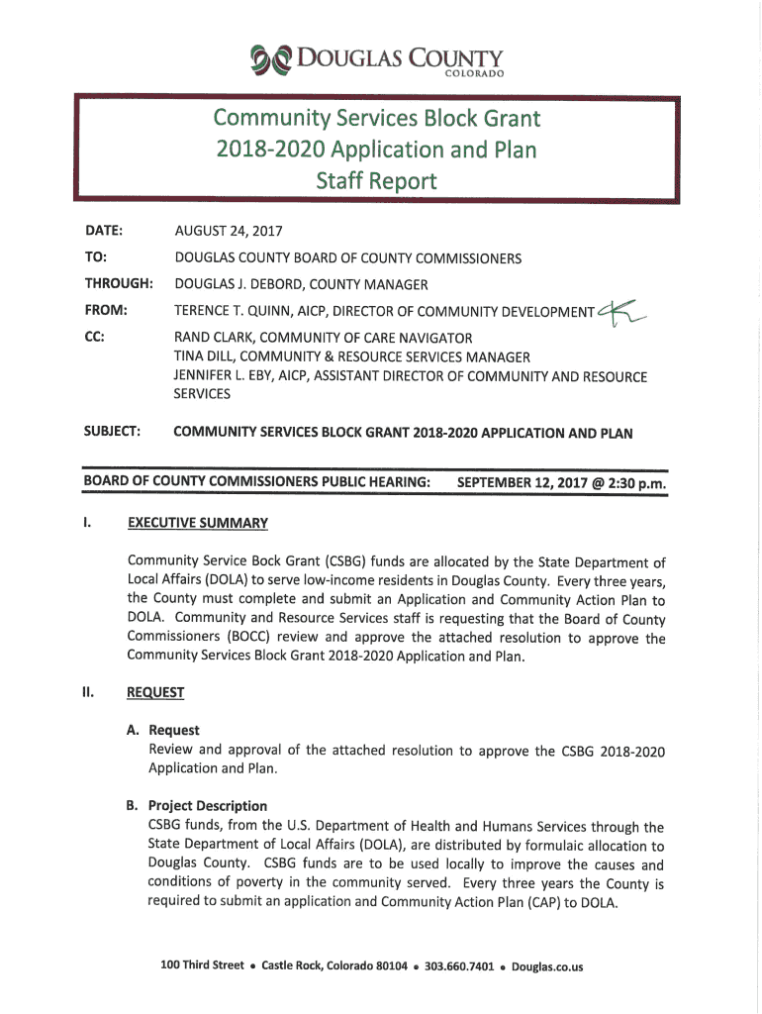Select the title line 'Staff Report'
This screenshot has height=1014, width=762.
(x=375, y=182)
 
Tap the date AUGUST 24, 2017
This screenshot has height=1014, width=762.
(x=229, y=232)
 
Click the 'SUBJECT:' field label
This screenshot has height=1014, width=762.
(x=112, y=433)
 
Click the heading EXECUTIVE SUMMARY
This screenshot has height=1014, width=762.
(x=198, y=522)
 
